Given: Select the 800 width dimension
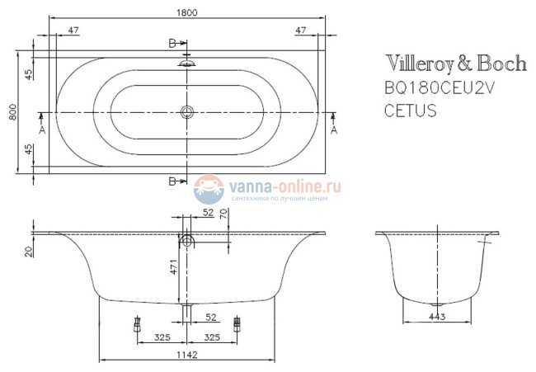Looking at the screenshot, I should [x=12, y=111].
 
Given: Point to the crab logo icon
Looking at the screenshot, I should [x=209, y=190].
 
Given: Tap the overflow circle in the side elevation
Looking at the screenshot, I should [x=188, y=241].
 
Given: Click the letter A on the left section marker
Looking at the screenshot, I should [x=42, y=129].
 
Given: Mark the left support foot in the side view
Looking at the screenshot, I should [x=134, y=325].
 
